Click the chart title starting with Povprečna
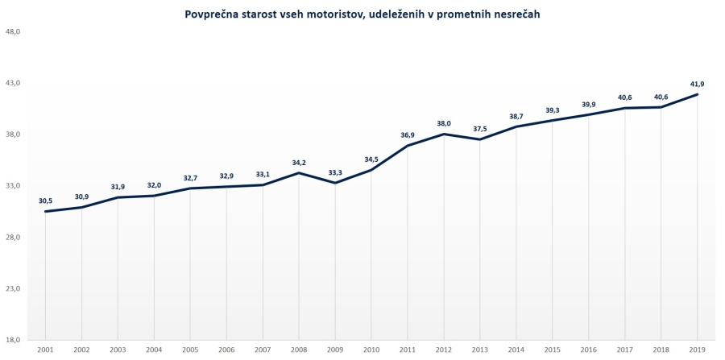[362, 14]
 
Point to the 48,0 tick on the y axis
[13, 31]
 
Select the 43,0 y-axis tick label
[13, 83]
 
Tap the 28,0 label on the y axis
[13, 238]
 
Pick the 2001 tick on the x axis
[45, 350]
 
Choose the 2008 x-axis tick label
[299, 350]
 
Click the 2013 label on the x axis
[480, 350]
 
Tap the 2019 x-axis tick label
[698, 350]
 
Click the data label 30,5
[45, 201]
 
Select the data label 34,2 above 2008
[299, 163]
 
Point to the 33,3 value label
[335, 172]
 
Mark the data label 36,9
[408, 135]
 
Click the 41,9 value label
[698, 84]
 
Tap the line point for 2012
[444, 134]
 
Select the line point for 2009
[335, 183]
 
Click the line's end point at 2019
[698, 94]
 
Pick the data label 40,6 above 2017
[625, 97]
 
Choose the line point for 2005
[190, 188]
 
